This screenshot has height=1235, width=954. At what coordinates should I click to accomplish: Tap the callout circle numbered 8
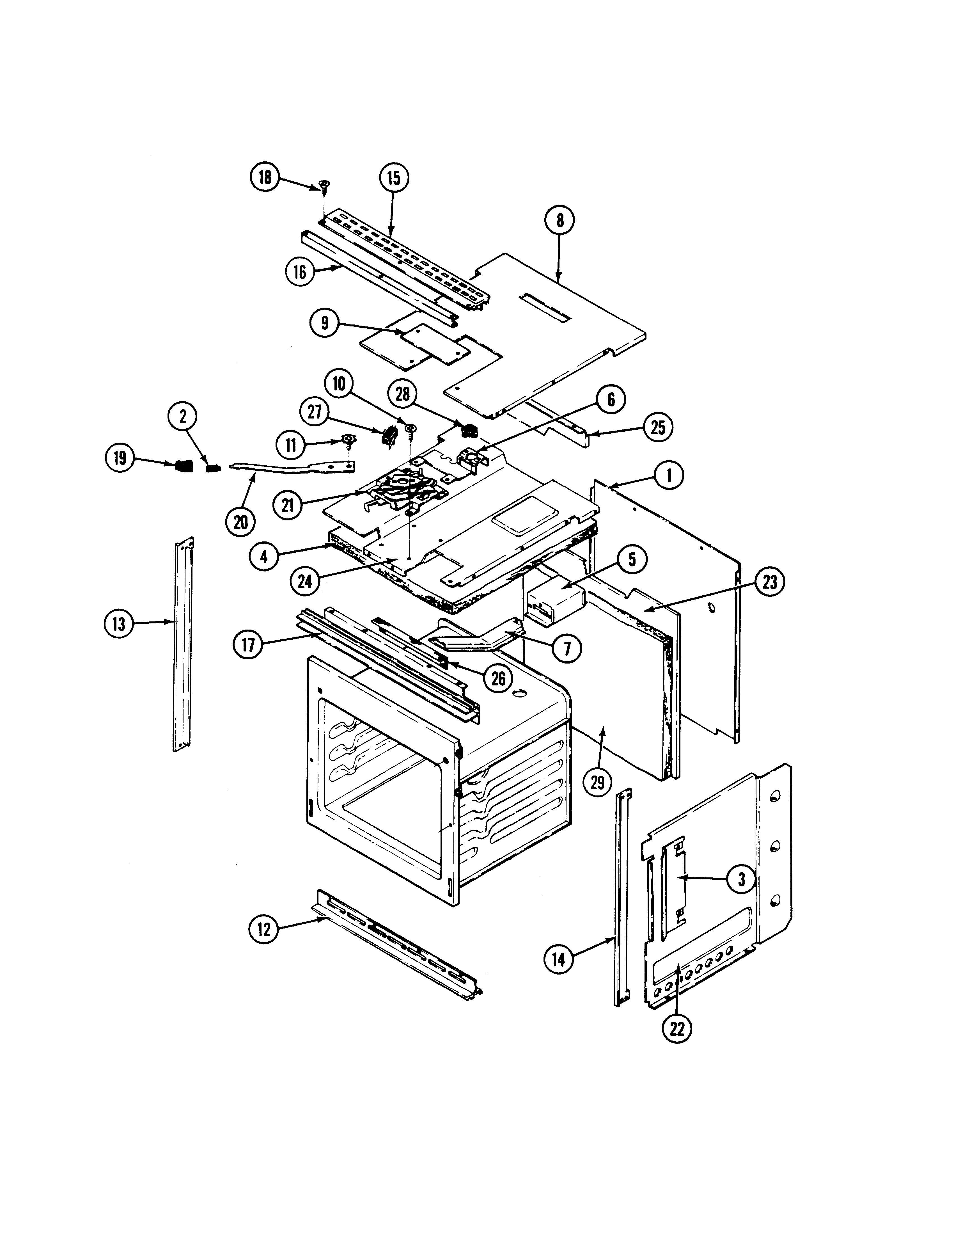(x=559, y=220)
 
